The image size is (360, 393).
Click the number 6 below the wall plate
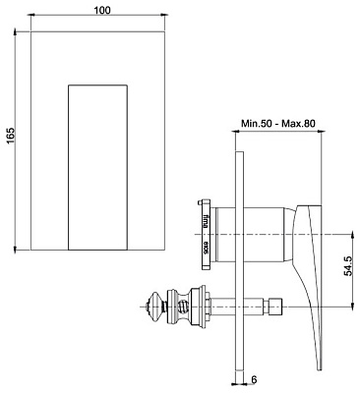255,380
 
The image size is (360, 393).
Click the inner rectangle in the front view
98,167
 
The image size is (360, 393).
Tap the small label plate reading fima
205,234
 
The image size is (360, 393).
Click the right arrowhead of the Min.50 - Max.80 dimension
321,136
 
